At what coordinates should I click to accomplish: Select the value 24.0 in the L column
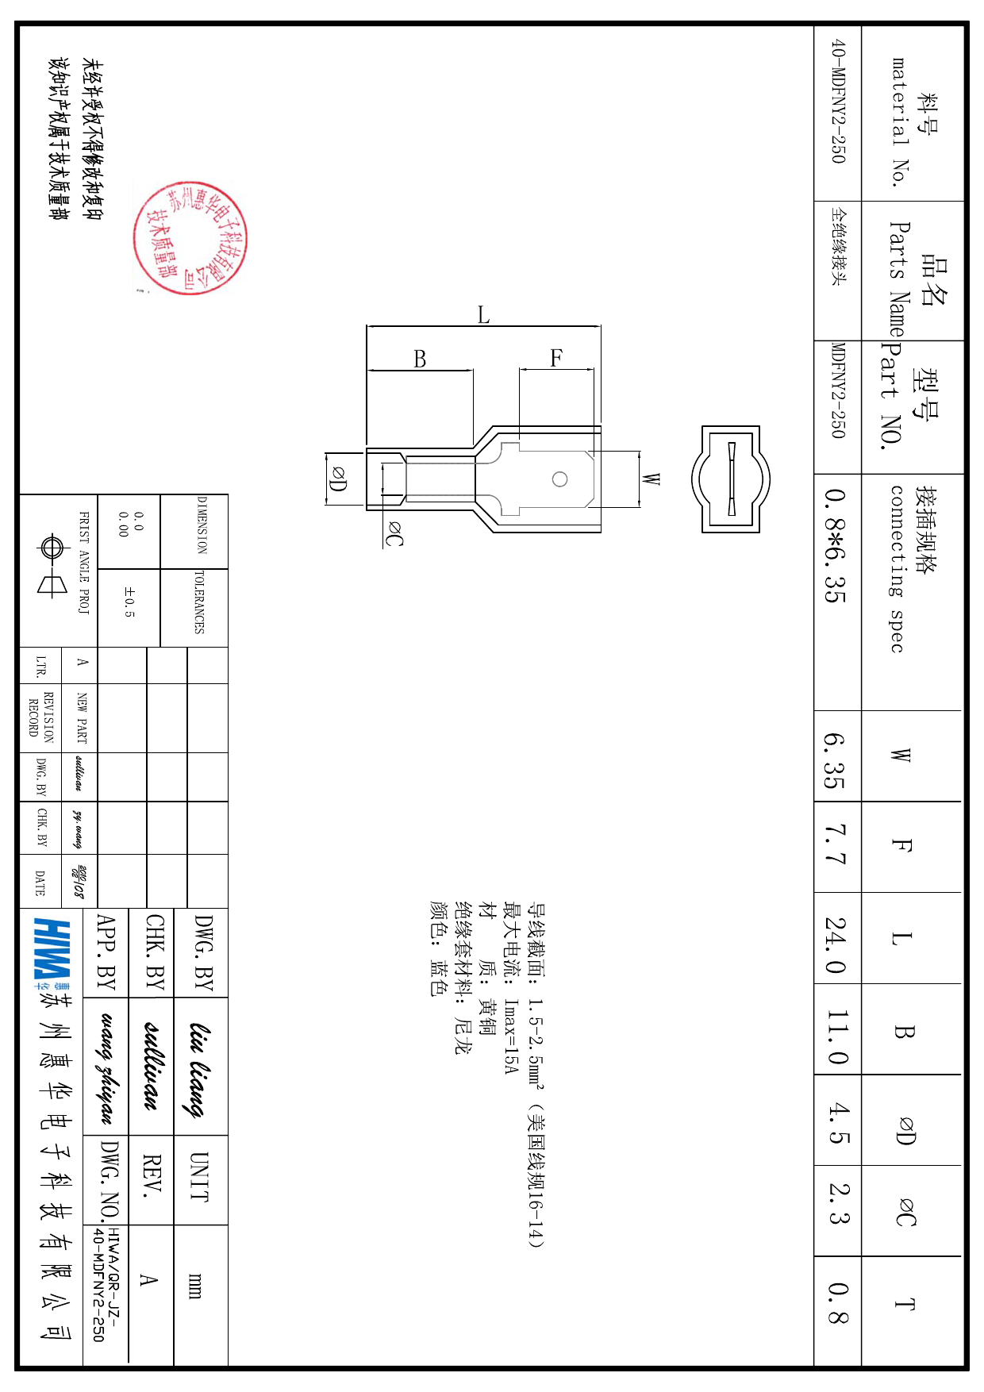click(836, 944)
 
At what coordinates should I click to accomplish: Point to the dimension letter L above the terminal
click(483, 315)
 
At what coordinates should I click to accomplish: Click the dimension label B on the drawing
click(420, 360)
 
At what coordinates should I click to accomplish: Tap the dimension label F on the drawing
click(556, 358)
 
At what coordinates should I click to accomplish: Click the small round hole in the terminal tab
click(559, 479)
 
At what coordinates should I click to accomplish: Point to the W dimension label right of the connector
click(651, 479)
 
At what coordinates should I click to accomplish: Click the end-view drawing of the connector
click(731, 479)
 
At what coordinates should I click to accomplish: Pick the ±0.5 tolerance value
click(129, 602)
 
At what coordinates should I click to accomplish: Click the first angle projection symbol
click(52, 566)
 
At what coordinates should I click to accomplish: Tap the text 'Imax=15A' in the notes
click(510, 1036)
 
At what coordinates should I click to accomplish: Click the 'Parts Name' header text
click(898, 279)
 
